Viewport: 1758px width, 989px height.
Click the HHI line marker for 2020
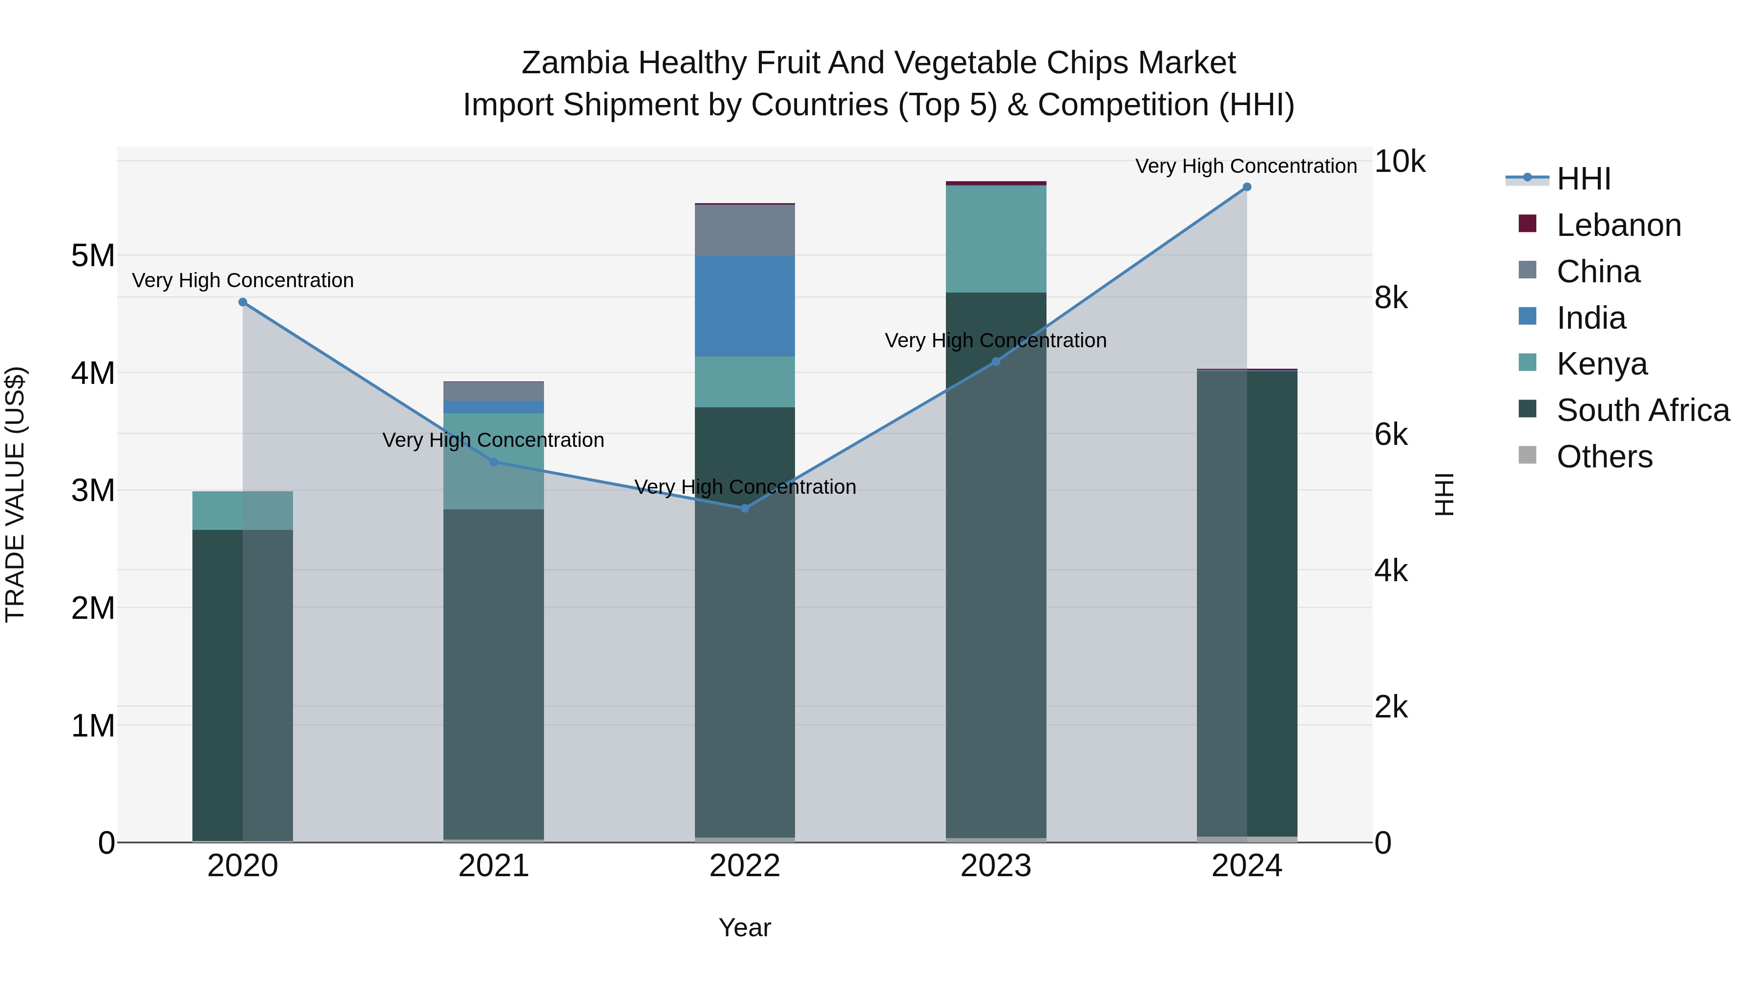coord(243,302)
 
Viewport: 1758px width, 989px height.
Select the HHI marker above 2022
coord(745,508)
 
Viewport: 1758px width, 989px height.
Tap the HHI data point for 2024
coord(1247,187)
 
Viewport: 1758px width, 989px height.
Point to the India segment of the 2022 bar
coord(745,306)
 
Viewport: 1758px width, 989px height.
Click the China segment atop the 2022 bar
coord(745,230)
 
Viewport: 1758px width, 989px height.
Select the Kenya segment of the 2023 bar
coord(996,239)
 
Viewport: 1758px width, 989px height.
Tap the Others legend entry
coord(1604,457)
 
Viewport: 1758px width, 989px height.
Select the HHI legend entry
coord(1583,179)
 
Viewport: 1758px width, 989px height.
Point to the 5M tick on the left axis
coord(93,256)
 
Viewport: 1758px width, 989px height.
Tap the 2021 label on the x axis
coord(493,866)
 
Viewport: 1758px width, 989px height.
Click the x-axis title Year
coord(745,927)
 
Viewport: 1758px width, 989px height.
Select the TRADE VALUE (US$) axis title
coord(15,494)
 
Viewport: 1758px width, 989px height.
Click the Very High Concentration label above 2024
coord(1246,166)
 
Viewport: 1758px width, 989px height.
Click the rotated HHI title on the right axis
coord(1445,494)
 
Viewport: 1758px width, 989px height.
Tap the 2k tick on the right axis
coord(1391,707)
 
